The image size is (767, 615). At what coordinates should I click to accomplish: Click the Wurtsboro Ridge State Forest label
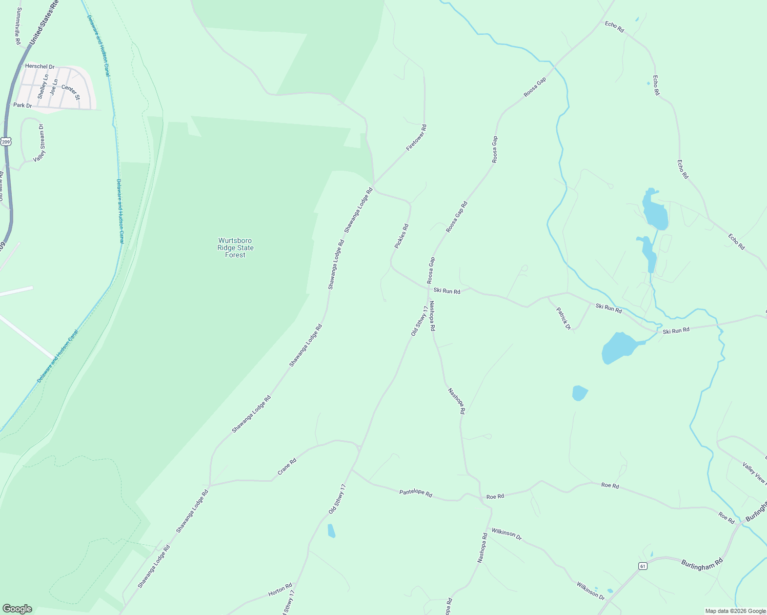click(235, 248)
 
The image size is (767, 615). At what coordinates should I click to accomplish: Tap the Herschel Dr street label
click(39, 67)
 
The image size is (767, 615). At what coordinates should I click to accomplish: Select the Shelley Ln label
click(43, 87)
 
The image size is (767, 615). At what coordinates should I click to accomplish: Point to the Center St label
click(71, 92)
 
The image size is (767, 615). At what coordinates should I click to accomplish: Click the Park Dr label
click(23, 106)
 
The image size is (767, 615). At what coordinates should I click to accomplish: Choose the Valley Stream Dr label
click(39, 143)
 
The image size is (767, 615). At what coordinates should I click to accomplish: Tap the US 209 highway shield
click(6, 141)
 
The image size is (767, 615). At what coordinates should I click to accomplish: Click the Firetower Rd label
click(416, 137)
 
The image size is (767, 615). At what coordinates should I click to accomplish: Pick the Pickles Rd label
click(401, 236)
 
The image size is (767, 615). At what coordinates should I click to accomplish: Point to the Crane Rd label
click(287, 466)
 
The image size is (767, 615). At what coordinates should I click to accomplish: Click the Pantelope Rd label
click(415, 494)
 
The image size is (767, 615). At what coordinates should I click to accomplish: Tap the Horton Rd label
click(280, 590)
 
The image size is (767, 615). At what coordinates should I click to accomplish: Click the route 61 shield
click(642, 566)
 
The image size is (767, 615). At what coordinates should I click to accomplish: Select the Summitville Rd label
click(18, 25)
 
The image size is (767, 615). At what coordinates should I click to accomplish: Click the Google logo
click(17, 608)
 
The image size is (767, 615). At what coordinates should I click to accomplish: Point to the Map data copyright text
click(735, 611)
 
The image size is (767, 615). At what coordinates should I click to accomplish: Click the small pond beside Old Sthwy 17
click(331, 530)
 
